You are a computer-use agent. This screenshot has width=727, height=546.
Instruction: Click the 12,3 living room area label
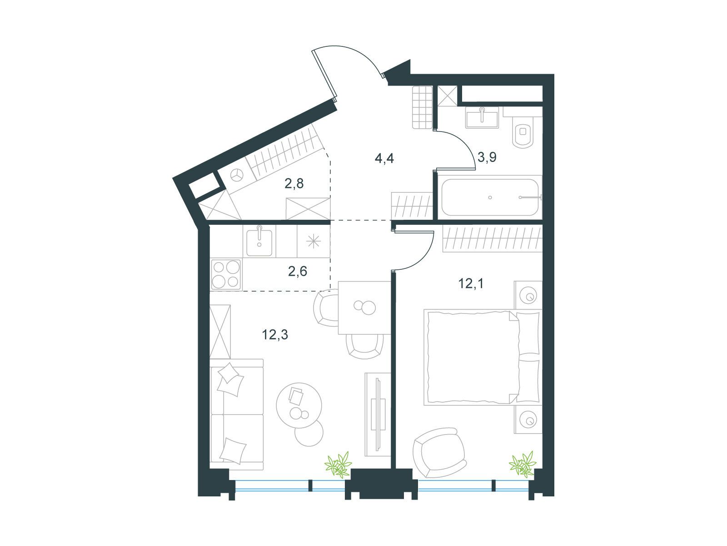pyautogui.click(x=274, y=335)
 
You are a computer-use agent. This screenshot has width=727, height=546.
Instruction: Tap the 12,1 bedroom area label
pyautogui.click(x=471, y=283)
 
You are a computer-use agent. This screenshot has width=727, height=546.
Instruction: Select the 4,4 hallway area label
pyautogui.click(x=384, y=158)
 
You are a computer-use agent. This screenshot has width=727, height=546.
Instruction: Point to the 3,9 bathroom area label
pyautogui.click(x=487, y=157)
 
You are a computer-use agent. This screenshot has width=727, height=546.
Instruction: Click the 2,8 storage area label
pyautogui.click(x=294, y=183)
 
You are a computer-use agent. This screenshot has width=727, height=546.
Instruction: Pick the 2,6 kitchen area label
pyautogui.click(x=298, y=271)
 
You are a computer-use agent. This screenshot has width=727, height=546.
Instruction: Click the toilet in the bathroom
pyautogui.click(x=523, y=131)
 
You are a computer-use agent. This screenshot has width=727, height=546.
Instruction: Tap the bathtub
pyautogui.click(x=490, y=197)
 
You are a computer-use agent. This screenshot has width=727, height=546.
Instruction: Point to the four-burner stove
pyautogui.click(x=226, y=275)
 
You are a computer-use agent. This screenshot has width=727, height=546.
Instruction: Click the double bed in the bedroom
pyautogui.click(x=483, y=357)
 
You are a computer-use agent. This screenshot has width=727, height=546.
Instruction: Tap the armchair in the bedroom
pyautogui.click(x=439, y=453)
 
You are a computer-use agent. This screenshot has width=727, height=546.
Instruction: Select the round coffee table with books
pyautogui.click(x=299, y=405)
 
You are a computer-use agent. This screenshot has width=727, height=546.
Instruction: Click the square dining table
pyautogui.click(x=364, y=308)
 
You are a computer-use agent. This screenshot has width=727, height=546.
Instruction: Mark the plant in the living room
pyautogui.click(x=338, y=464)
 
